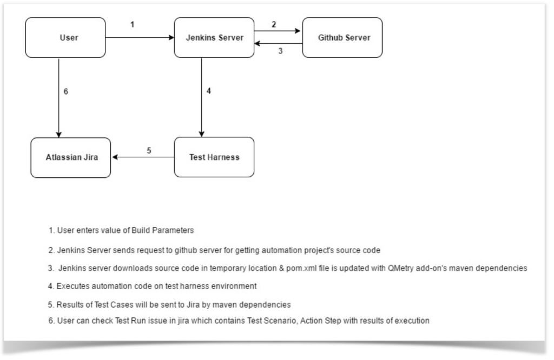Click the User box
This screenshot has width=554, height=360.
tap(65, 37)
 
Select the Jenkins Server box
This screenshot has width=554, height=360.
tap(214, 37)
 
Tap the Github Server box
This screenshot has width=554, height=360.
tap(342, 37)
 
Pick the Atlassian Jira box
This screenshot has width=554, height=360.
tap(71, 157)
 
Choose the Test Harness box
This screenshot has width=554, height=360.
tap(214, 157)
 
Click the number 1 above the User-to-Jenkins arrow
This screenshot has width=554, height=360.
tap(132, 24)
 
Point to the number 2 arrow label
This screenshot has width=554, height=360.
tap(274, 24)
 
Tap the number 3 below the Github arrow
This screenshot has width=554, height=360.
tap(281, 51)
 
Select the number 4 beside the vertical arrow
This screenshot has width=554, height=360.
tap(209, 91)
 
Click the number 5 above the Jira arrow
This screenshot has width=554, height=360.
tap(149, 151)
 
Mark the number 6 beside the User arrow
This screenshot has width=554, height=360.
tap(65, 91)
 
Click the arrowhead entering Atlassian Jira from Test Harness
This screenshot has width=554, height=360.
tap(115, 157)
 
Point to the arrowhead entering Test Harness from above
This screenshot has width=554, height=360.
tap(201, 134)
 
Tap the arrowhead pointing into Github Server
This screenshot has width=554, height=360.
tap(298, 31)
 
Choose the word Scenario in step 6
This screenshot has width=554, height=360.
tap(281, 321)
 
